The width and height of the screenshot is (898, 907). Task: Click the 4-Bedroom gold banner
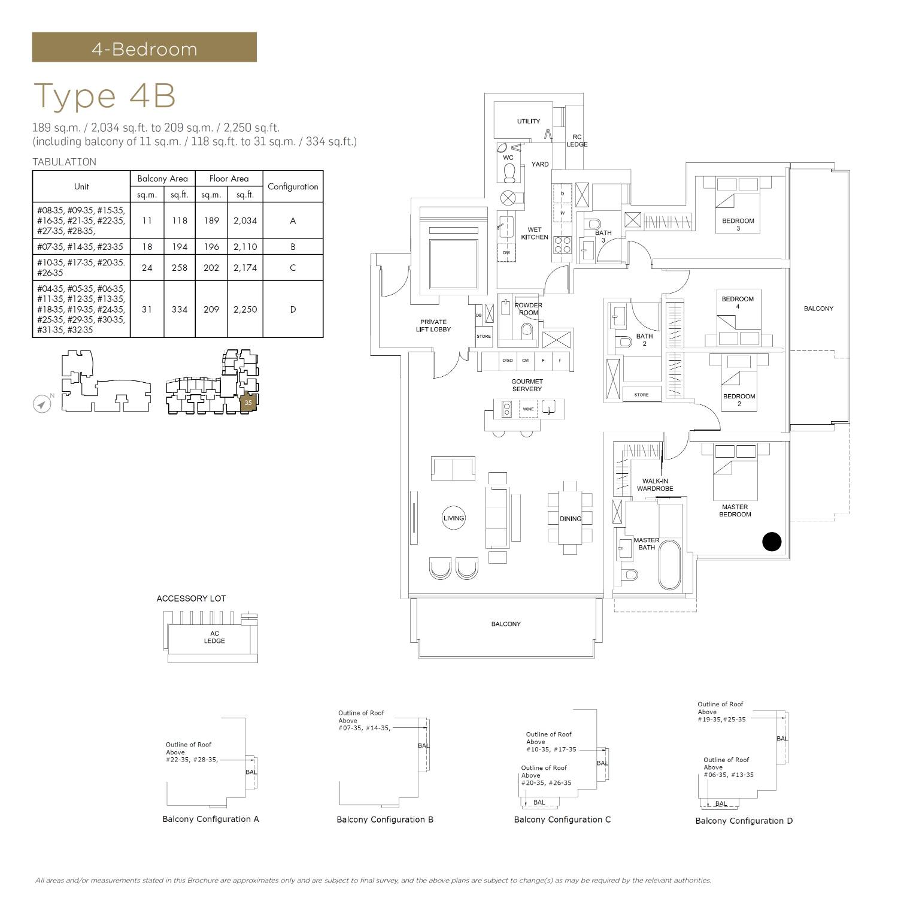[x=144, y=47]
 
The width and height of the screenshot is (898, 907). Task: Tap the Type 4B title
[x=105, y=96]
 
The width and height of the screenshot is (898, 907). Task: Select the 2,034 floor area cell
[x=245, y=220]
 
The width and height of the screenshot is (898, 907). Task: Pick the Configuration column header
[x=293, y=186]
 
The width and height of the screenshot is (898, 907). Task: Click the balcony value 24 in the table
[x=147, y=268]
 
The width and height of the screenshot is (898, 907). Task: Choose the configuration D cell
[x=293, y=309]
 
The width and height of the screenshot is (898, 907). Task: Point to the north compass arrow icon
[x=41, y=404]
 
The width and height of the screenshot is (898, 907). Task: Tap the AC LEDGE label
[x=214, y=637]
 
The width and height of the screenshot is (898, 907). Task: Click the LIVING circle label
[x=454, y=518]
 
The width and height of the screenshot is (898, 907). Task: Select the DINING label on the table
[x=571, y=519]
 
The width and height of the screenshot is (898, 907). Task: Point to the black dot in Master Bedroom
[x=772, y=542]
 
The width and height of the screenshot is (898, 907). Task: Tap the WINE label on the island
[x=528, y=409]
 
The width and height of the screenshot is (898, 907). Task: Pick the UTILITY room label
[x=529, y=121]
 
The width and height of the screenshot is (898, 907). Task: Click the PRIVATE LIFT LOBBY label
[x=433, y=325]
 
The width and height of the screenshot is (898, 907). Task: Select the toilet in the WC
[x=509, y=172]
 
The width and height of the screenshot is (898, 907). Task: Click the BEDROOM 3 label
[x=738, y=224]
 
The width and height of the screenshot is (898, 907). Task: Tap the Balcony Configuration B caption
[x=385, y=820]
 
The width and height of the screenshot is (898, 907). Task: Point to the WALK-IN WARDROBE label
[x=655, y=485]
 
